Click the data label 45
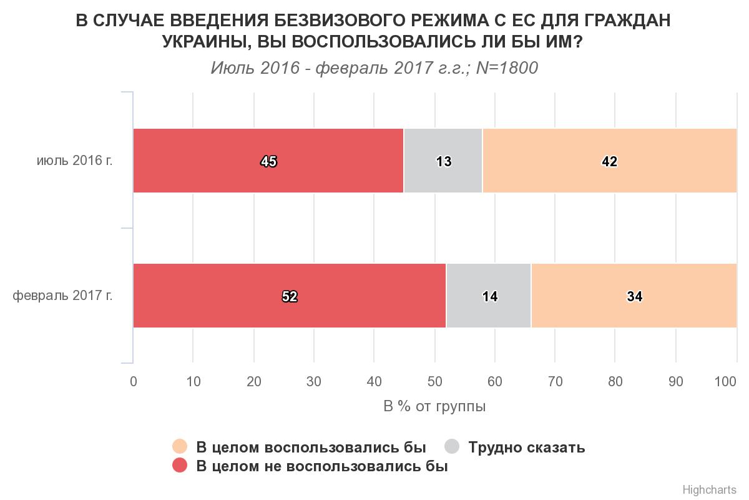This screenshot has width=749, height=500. tap(269, 162)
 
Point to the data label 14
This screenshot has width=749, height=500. tap(490, 297)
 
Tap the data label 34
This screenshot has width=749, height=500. tap(635, 297)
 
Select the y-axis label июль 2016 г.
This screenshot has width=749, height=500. tap(74, 161)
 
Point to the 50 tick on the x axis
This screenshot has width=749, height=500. tap(434, 382)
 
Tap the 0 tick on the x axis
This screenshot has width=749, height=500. tap(133, 382)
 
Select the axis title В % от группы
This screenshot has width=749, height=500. tap(434, 407)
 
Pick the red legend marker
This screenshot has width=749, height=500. tap(180, 466)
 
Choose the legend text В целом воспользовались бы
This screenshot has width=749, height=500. tap(311, 447)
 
